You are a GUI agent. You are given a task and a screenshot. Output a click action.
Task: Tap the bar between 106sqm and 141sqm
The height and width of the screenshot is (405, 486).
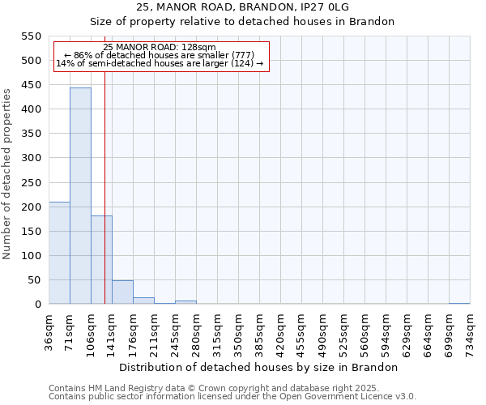tap(101, 259)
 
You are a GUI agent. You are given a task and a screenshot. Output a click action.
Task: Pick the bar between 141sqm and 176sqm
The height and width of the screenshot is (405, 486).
tap(122, 292)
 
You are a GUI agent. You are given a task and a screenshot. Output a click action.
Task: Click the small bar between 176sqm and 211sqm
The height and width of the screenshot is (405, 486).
tap(143, 301)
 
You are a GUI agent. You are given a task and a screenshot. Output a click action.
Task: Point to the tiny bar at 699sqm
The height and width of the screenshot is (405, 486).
tap(459, 303)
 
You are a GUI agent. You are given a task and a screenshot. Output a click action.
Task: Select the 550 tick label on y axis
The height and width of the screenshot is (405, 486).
tap(31, 36)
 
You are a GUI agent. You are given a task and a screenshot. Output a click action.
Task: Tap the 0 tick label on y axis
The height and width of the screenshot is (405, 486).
tap(37, 305)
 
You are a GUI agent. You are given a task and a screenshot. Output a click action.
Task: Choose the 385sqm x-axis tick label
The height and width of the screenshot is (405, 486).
tap(260, 332)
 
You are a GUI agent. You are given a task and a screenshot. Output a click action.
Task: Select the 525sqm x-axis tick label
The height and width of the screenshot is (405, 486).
tap(344, 332)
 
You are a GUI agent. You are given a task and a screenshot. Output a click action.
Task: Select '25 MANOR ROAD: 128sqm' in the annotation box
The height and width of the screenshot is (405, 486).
tap(160, 48)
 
